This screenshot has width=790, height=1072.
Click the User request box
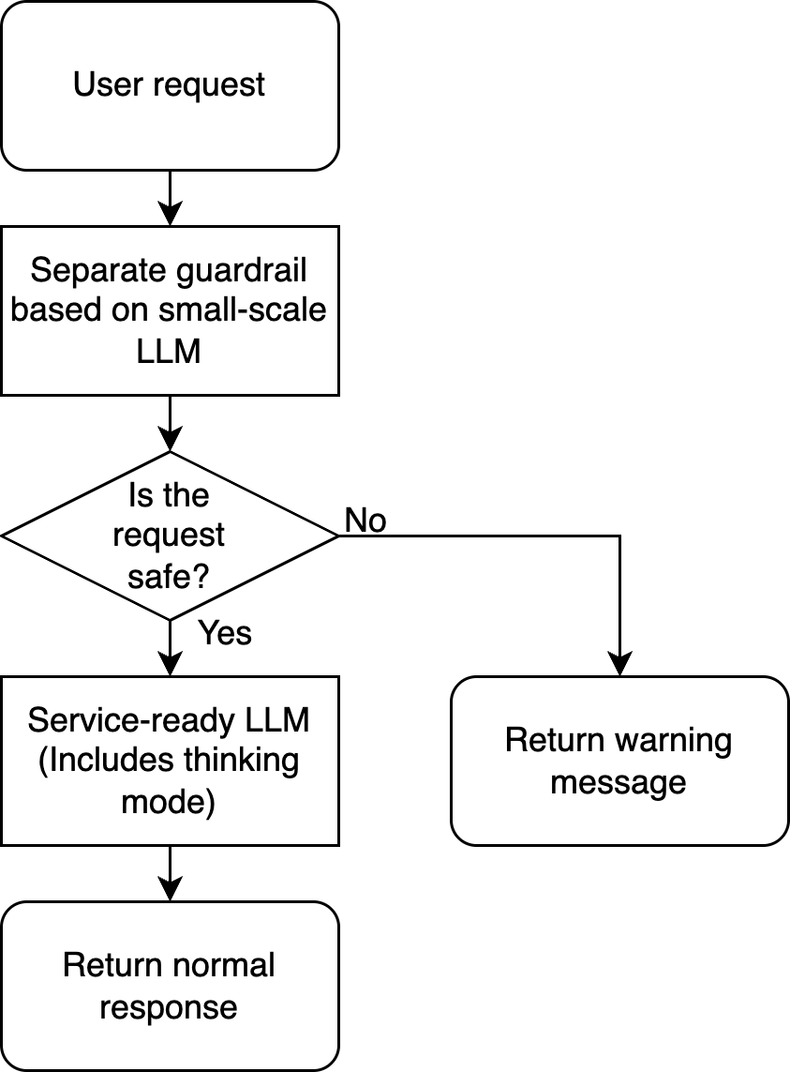(x=169, y=85)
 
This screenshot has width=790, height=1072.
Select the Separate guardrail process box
(x=169, y=310)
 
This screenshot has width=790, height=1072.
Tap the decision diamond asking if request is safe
(x=169, y=536)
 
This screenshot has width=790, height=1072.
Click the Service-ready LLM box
(x=169, y=761)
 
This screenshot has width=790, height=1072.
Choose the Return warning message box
(x=619, y=761)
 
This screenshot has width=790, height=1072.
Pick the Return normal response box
(x=169, y=986)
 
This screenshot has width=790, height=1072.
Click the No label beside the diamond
(x=365, y=520)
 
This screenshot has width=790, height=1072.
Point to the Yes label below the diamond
(x=225, y=633)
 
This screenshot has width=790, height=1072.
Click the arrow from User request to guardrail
(x=170, y=198)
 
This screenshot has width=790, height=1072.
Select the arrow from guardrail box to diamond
(x=170, y=423)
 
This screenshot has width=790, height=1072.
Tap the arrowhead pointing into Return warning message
(x=619, y=665)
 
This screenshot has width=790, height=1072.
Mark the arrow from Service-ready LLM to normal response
(x=170, y=873)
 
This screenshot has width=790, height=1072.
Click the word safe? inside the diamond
(x=169, y=576)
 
